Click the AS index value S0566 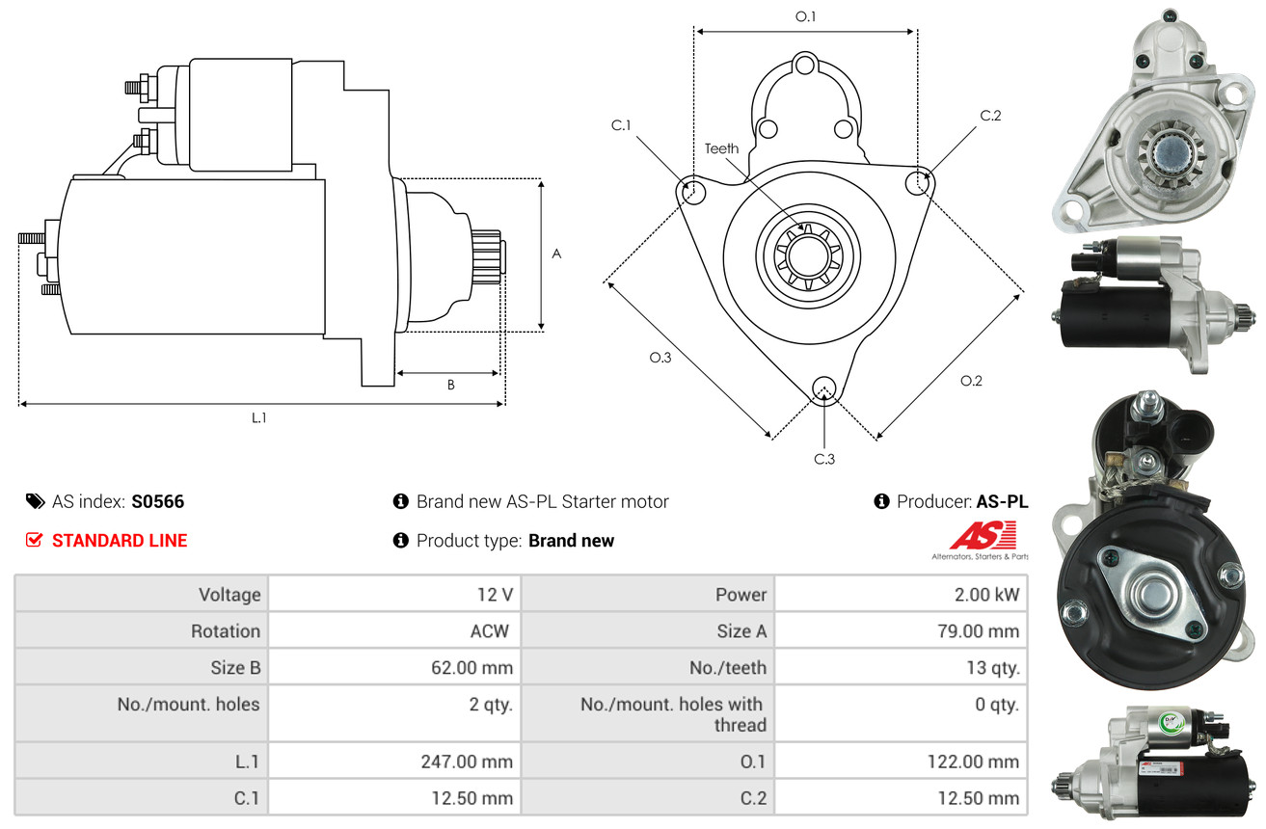[x=157, y=501]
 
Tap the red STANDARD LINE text [x=120, y=541]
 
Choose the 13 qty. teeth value [x=992, y=667]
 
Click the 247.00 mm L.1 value [x=466, y=762]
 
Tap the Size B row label [x=235, y=667]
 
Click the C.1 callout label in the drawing [x=620, y=125]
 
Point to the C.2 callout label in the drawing [x=990, y=116]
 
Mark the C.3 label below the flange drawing [x=824, y=459]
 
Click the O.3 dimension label [x=660, y=358]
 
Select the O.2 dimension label [x=971, y=381]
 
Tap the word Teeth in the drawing [x=721, y=148]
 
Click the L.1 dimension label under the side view [x=258, y=417]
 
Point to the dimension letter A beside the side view [x=555, y=254]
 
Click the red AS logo [x=983, y=535]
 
